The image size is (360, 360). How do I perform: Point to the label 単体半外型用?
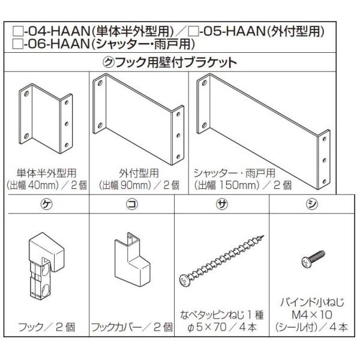point(46,173)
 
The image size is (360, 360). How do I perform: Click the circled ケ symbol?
point(46,203)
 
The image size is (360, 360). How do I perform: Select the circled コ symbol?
point(131,203)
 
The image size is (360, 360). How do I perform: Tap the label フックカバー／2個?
point(131,328)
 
